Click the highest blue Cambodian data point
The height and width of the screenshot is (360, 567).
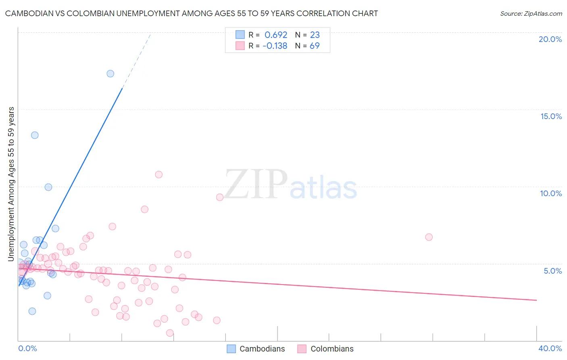coord(110,73)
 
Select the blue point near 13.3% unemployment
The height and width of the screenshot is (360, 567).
coord(35,135)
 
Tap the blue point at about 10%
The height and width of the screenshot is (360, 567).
coord(48,187)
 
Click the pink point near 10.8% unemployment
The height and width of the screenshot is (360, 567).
coord(158,174)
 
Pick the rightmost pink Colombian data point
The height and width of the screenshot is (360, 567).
coord(429,237)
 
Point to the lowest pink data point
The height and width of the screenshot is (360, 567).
coord(170,333)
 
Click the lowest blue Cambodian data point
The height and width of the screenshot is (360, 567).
coord(32,311)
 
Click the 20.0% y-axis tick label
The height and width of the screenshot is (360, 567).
coord(550,39)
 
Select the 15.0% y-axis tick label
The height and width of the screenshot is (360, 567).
coord(551,116)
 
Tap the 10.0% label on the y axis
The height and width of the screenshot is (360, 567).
coord(551,193)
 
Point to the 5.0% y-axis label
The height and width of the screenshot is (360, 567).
coord(552,271)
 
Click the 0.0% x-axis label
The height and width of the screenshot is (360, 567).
coord(27,348)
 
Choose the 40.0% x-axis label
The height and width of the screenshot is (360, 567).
coord(550,348)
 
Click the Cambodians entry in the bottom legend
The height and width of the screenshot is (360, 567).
coord(262,349)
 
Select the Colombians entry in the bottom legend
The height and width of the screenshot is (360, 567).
coord(331,349)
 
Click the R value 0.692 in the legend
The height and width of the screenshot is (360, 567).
coord(276,35)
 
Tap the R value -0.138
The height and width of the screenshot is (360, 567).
coord(275,46)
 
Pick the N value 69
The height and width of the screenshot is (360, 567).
coord(315,46)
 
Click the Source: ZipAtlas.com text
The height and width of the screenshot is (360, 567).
coord(531,13)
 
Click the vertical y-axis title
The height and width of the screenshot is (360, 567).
coord(11,184)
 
